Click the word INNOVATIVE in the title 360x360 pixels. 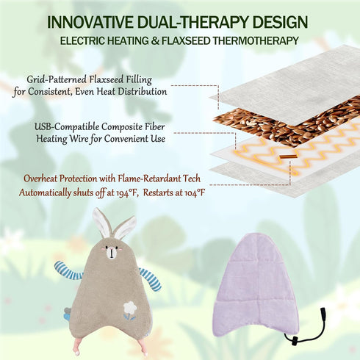90,22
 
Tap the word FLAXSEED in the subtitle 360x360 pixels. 186,40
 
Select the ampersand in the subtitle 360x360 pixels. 155,40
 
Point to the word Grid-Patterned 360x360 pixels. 57,80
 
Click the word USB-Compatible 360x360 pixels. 67,127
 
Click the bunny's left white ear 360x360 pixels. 101,223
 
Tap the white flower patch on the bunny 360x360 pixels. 129,307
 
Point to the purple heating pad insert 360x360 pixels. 256,285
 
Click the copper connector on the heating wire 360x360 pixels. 288,156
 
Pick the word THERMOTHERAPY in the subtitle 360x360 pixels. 256,40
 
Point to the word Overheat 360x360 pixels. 40,179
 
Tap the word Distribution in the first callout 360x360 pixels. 143,92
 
